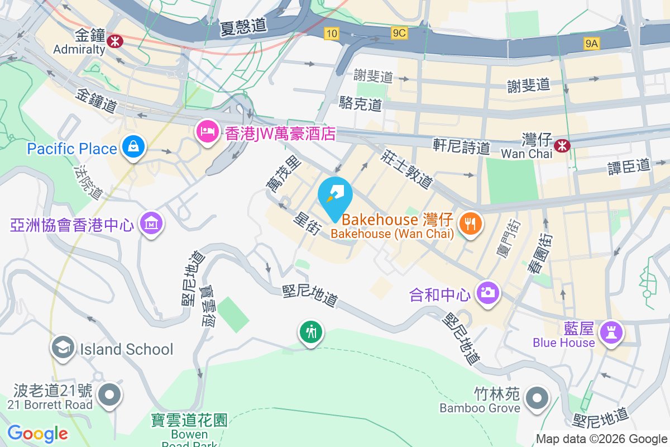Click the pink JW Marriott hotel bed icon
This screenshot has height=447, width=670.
208,132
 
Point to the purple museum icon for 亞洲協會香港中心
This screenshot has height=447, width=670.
151,224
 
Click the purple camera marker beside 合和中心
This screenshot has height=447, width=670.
488,292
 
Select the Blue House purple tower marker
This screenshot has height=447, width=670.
610,333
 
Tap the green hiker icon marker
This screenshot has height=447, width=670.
310,332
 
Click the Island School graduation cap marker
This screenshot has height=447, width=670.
63,349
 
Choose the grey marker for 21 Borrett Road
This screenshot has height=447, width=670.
109,395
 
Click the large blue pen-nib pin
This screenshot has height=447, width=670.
335,196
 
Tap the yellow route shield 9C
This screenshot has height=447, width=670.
399,34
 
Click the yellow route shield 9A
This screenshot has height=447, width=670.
592,43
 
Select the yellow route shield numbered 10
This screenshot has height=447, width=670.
332,34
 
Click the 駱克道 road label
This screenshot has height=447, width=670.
361,103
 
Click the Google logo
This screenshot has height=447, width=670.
37,433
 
